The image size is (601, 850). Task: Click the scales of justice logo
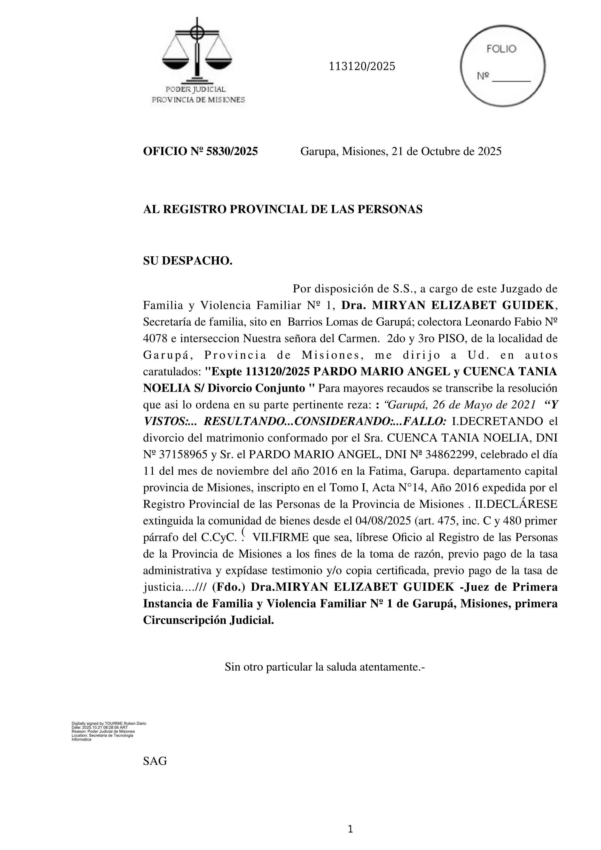[197, 52]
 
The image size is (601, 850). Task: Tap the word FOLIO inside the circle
[501, 49]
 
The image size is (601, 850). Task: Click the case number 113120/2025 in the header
[362, 67]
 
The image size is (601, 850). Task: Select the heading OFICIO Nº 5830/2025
[200, 151]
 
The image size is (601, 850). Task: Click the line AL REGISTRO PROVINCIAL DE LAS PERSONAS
[282, 210]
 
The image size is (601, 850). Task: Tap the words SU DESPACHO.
[188, 261]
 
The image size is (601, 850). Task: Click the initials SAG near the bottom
[155, 761]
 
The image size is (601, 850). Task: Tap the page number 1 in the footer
[351, 830]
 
